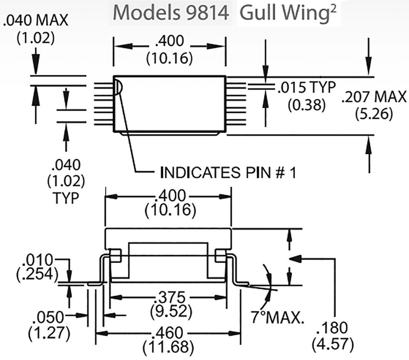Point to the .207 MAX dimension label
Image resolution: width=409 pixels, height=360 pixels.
(374, 97)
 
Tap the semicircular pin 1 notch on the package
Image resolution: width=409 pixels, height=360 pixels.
(117, 86)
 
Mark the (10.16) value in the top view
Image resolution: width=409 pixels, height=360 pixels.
(170, 58)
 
